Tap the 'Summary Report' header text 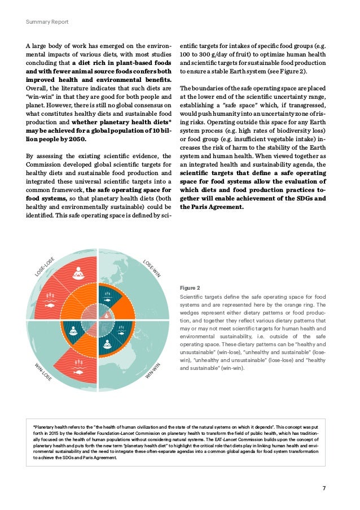point(47,22)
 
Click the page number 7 point(324,489)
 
